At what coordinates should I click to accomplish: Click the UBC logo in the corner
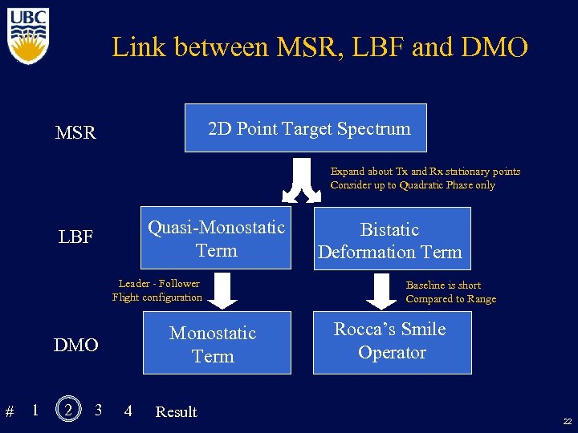tap(28, 36)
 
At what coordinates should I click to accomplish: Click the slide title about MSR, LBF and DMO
tap(320, 47)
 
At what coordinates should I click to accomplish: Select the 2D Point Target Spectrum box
tap(306, 128)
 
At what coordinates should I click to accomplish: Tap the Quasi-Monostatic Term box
tap(216, 238)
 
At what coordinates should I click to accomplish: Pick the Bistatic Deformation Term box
tap(389, 240)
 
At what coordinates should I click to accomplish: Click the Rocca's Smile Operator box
tap(390, 342)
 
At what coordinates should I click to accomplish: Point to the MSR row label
tap(75, 132)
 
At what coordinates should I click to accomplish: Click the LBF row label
tap(76, 237)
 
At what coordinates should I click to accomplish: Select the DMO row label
tap(75, 346)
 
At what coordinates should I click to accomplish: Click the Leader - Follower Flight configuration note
tap(157, 290)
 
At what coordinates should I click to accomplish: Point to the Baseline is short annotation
tap(450, 292)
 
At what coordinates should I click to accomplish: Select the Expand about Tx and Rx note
tap(425, 178)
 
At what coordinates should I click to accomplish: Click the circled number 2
tap(69, 410)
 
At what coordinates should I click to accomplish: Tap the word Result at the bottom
tap(176, 412)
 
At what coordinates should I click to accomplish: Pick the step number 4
tap(128, 411)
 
